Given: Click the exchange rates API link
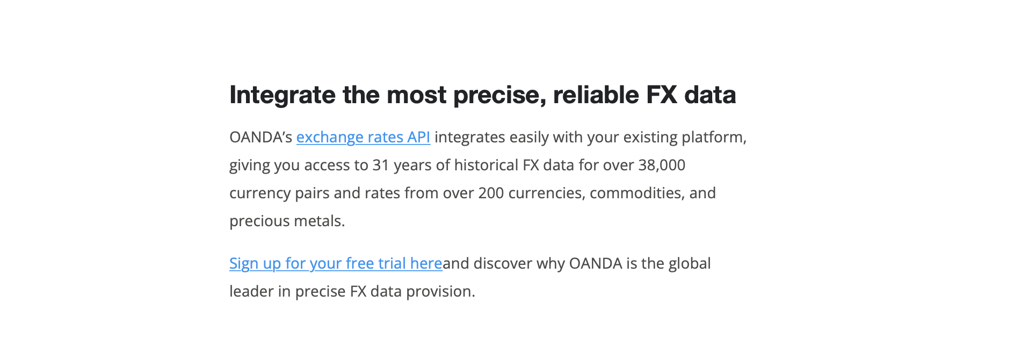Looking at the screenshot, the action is (x=363, y=138).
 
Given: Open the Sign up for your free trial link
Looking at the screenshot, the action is (x=336, y=264).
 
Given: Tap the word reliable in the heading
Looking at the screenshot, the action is (x=596, y=95).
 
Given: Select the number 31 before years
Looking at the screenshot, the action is (x=381, y=165).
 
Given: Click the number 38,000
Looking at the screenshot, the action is (x=662, y=165).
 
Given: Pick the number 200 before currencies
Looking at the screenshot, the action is (x=491, y=193).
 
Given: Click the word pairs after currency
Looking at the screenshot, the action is (x=312, y=193).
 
